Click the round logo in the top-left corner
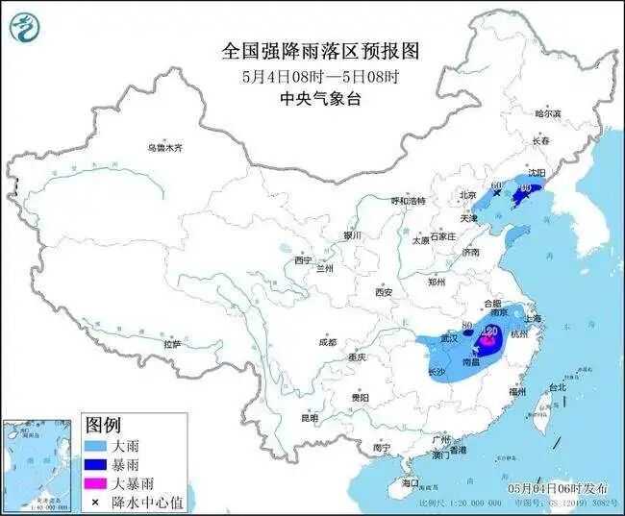[26, 28]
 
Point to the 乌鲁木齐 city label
[164, 148]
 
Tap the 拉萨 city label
[172, 343]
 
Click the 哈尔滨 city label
[547, 113]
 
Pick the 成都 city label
[327, 342]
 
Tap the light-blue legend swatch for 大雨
[95, 446]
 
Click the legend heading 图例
[103, 425]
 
